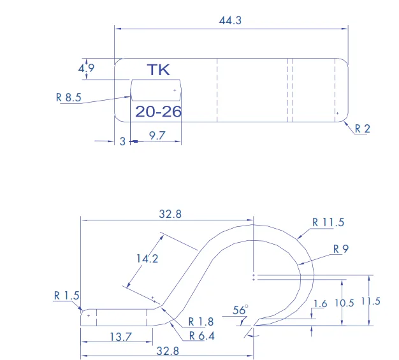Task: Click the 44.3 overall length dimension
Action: coord(230,20)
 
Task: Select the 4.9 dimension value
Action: coord(86,68)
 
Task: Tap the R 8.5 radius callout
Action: coord(69,97)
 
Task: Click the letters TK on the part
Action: coord(158,69)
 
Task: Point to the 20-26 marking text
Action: coord(158,112)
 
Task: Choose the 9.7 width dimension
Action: coord(157,135)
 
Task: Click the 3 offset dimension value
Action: coord(122,141)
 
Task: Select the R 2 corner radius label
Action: coord(363,129)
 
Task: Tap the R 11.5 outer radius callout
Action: coord(328,222)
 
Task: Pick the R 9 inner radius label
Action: coord(341,249)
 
